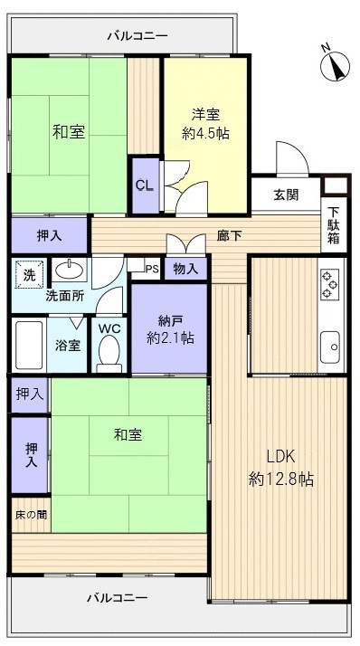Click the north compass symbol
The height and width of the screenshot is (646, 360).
point(336,64)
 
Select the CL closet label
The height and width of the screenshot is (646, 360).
point(144,185)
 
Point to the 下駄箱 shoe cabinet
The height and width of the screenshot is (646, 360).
point(334,226)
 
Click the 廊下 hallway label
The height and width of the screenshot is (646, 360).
point(229,235)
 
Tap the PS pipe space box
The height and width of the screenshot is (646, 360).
point(152,268)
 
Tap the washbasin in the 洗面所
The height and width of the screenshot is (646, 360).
point(68,270)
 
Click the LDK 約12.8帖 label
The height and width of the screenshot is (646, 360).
point(280,469)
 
